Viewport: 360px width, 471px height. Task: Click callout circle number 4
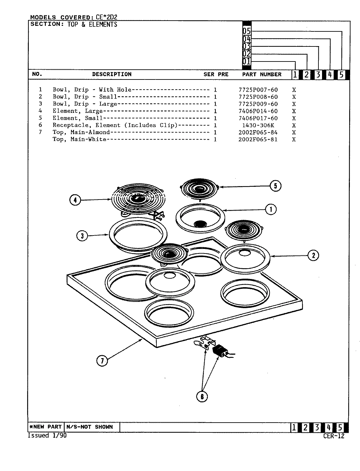click(x=75, y=200)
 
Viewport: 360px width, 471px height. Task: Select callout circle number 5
click(x=275, y=186)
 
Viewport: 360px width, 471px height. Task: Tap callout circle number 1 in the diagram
click(x=271, y=209)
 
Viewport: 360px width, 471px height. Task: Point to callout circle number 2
click(x=313, y=255)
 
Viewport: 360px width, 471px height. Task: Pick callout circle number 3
click(x=82, y=235)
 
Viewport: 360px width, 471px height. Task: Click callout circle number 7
click(x=102, y=361)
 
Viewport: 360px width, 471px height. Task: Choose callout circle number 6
click(x=202, y=397)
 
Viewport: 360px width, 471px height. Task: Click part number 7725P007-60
click(x=258, y=90)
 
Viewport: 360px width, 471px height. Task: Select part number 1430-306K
click(x=258, y=125)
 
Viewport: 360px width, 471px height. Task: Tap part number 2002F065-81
click(x=258, y=139)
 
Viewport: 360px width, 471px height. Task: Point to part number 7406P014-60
click(x=258, y=111)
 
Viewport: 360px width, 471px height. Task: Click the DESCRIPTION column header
click(x=112, y=74)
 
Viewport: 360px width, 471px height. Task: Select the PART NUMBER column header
click(x=261, y=75)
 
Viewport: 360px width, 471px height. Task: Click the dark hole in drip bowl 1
click(x=200, y=224)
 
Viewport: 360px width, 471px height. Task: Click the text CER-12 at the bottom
click(x=333, y=436)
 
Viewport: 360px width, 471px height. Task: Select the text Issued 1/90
click(x=47, y=436)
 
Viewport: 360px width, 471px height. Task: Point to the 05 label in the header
click(x=246, y=31)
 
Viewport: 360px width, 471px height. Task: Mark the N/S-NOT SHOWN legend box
click(x=90, y=427)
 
